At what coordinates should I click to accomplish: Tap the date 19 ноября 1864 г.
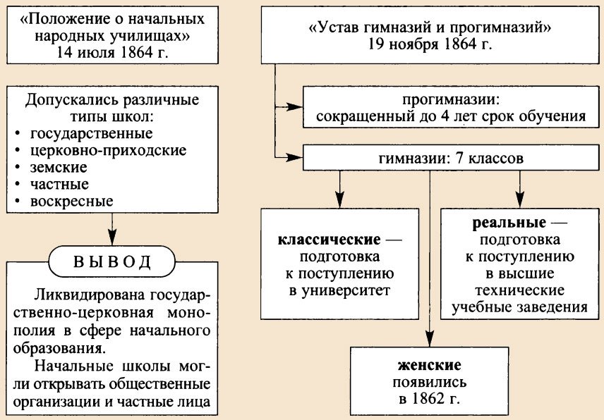click(430, 43)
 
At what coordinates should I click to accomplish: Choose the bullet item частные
click(59, 185)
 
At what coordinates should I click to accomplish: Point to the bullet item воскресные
click(71, 202)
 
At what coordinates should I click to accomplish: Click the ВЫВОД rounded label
click(111, 263)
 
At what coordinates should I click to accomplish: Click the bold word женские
click(428, 366)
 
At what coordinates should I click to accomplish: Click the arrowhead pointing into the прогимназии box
click(296, 107)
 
